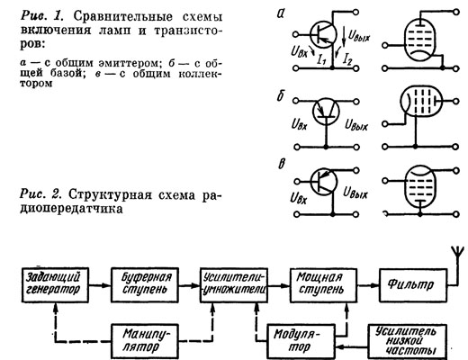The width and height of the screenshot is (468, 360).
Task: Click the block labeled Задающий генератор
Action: (55, 284)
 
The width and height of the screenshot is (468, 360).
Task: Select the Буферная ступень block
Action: (145, 284)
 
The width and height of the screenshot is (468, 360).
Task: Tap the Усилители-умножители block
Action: (234, 284)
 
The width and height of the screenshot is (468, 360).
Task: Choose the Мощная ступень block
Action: (323, 284)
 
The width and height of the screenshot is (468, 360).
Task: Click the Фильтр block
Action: (413, 284)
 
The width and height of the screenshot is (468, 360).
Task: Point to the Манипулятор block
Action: (145, 341)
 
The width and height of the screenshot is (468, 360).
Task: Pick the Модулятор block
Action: (301, 341)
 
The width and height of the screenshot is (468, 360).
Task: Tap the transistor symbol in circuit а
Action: (322, 34)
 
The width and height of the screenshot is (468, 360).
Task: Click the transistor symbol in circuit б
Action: (326, 112)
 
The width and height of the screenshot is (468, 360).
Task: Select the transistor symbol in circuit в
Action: (324, 182)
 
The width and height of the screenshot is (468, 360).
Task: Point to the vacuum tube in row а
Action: (420, 41)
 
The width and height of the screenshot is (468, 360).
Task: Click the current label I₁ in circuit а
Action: (321, 60)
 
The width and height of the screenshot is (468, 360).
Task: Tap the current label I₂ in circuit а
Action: (347, 60)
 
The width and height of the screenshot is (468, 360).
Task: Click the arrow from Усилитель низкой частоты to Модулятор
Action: (352, 347)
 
